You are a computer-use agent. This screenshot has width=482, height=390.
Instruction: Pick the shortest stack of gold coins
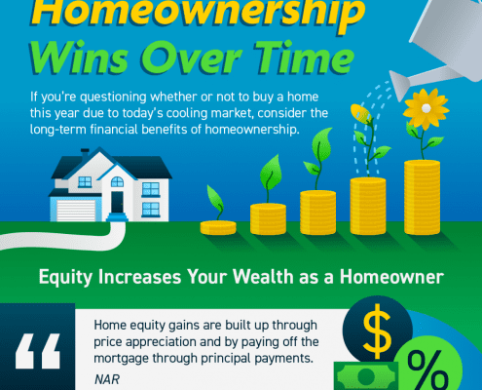[218, 227]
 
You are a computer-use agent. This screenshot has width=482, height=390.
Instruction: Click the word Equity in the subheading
[67, 277]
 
